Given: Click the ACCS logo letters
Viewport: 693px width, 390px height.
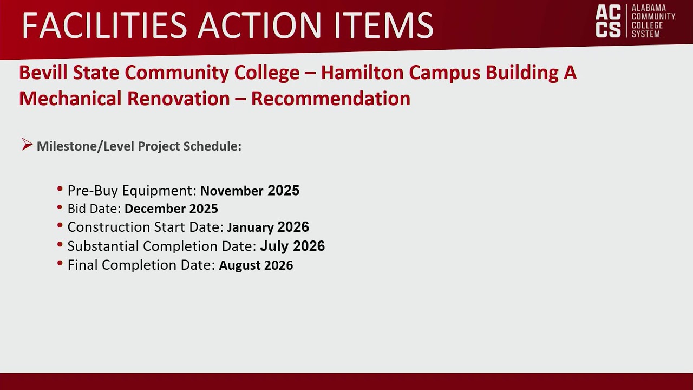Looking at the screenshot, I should pyautogui.click(x=608, y=21).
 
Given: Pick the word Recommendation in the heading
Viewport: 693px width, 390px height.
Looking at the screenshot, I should pyautogui.click(x=330, y=99).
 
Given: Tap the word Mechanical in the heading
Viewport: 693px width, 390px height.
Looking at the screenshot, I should pyautogui.click(x=70, y=99).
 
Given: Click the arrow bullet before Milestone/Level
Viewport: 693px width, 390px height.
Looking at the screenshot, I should pyautogui.click(x=27, y=145).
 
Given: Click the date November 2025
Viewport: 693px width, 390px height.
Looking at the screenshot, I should pyautogui.click(x=250, y=191).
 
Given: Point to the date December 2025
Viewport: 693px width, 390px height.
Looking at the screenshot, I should pyautogui.click(x=171, y=209).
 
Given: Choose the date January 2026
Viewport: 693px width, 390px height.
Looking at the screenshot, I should pyautogui.click(x=268, y=227).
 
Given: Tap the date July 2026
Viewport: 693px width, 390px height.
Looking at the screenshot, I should pyautogui.click(x=292, y=246).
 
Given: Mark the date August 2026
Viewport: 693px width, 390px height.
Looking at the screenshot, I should pyautogui.click(x=256, y=265).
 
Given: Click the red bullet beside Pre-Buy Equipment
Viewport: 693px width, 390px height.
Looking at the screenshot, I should pyautogui.click(x=60, y=189).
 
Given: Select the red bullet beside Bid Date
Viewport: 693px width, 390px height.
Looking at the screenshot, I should pyautogui.click(x=60, y=207).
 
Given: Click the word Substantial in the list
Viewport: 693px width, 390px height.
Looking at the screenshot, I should pyautogui.click(x=103, y=246).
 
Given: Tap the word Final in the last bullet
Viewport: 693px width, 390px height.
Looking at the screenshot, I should pyautogui.click(x=83, y=265).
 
